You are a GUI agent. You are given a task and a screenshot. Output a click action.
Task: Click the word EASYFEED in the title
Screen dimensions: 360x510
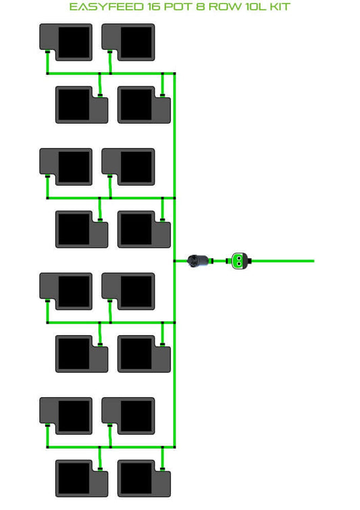pos(106,7)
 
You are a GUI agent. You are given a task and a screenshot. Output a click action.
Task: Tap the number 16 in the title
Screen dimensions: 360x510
pos(154,7)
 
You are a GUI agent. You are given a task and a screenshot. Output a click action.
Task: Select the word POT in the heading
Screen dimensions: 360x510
pos(178,7)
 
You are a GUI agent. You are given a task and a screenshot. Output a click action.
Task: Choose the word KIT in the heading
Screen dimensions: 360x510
pos(280,7)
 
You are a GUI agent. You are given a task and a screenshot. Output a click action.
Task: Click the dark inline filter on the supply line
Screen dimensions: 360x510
pos(199,261)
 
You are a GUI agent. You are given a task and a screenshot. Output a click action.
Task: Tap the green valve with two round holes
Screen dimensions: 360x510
pos(239,261)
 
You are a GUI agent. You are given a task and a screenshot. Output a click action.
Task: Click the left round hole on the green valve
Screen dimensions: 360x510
pos(236,259)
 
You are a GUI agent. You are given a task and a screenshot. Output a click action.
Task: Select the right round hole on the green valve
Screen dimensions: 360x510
pos(241,259)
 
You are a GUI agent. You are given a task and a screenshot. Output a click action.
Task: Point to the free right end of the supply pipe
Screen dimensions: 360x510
pos(313,261)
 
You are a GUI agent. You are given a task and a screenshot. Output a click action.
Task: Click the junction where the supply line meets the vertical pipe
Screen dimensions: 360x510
pos(175,261)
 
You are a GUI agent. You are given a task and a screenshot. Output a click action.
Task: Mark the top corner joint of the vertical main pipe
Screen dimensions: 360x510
pos(175,74)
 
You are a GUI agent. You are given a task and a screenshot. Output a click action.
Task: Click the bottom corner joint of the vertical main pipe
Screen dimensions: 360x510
pos(175,447)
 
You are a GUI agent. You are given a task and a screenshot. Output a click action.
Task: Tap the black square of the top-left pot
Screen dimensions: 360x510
pos(74,43)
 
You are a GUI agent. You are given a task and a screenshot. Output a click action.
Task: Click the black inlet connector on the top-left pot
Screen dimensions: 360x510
pos(47,51)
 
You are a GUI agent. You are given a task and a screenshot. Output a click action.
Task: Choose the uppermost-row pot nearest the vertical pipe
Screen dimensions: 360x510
pos(128,43)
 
